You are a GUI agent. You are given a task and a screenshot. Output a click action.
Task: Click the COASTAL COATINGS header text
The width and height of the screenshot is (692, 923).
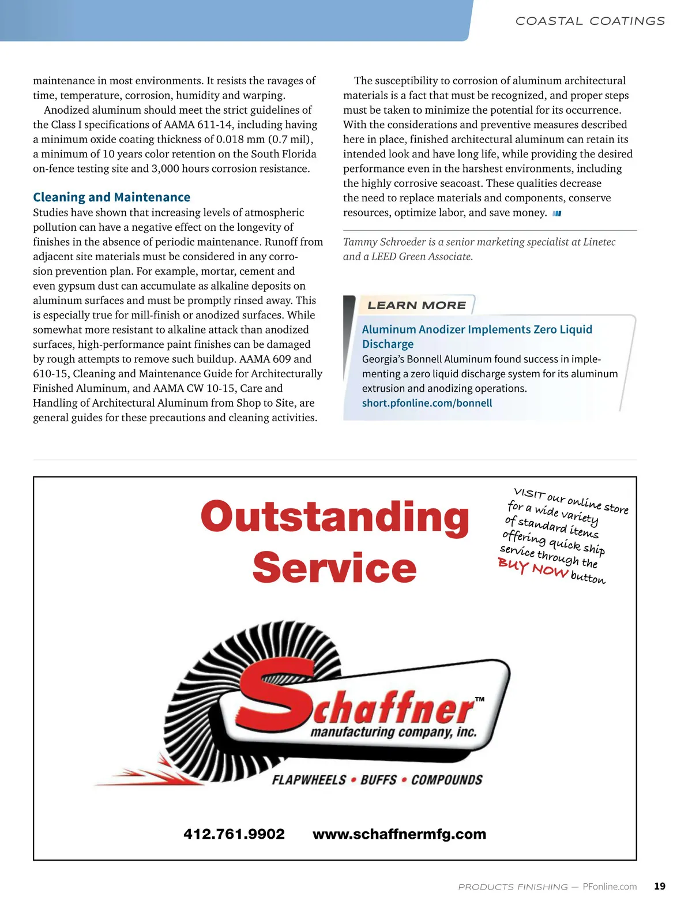tap(590, 21)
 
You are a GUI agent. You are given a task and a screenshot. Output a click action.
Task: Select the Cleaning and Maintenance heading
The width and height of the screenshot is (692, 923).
tap(111, 197)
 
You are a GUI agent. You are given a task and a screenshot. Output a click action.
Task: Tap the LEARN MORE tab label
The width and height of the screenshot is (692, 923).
tap(416, 305)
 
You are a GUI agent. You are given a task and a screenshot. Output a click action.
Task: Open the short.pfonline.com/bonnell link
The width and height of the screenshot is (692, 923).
tap(427, 403)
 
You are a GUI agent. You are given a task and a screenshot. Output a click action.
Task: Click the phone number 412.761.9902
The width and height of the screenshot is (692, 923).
tap(234, 834)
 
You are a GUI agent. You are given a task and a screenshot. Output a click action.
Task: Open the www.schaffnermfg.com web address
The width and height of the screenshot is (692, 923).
tap(399, 834)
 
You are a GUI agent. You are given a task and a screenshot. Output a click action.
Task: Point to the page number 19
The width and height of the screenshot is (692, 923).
tap(660, 887)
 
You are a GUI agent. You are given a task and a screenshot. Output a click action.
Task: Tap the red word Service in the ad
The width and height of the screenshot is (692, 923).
tap(334, 568)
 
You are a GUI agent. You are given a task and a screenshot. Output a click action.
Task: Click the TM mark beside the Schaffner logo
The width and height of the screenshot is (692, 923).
tap(480, 699)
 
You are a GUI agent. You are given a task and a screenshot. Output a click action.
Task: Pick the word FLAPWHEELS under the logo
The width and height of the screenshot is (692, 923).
tap(309, 780)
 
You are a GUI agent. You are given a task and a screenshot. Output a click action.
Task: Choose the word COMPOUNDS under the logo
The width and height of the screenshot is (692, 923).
tap(447, 780)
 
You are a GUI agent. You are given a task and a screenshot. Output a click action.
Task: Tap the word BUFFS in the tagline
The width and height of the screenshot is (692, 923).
tap(379, 780)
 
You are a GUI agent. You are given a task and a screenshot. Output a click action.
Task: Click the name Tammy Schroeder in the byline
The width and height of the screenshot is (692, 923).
tap(383, 242)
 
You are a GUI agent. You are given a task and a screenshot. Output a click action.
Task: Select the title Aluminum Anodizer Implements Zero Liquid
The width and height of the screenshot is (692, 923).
tap(477, 329)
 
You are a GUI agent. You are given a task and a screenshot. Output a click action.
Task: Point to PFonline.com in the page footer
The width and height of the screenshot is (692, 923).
tap(610, 887)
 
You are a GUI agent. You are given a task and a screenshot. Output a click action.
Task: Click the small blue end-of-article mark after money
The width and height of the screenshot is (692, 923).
tap(557, 213)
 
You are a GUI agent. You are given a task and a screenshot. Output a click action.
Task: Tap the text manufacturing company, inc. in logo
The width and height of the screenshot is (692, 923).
tap(394, 733)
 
